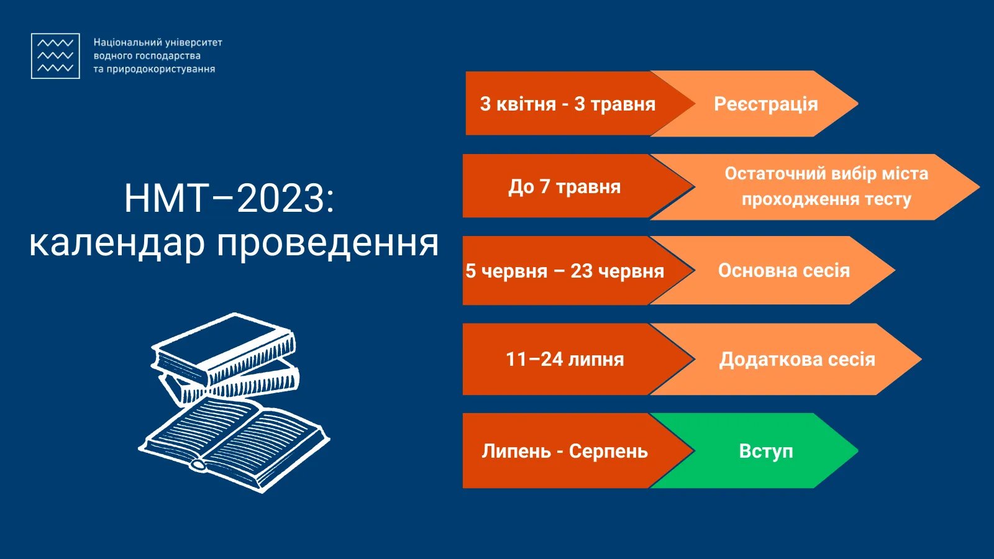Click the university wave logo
point(55,56)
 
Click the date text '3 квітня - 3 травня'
point(568,104)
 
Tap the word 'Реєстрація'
point(765,104)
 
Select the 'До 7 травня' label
point(564,187)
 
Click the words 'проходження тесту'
point(826,199)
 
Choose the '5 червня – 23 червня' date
point(565,271)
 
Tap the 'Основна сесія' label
point(783,271)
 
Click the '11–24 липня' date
point(565,360)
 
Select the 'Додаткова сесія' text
point(797,360)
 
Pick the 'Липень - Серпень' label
point(565,451)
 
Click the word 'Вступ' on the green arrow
point(766,451)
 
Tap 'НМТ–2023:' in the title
point(229,198)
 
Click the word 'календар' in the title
point(117,243)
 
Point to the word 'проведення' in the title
point(328,243)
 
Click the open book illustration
point(234,443)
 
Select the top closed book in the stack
point(224,346)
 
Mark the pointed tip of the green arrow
point(858,451)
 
